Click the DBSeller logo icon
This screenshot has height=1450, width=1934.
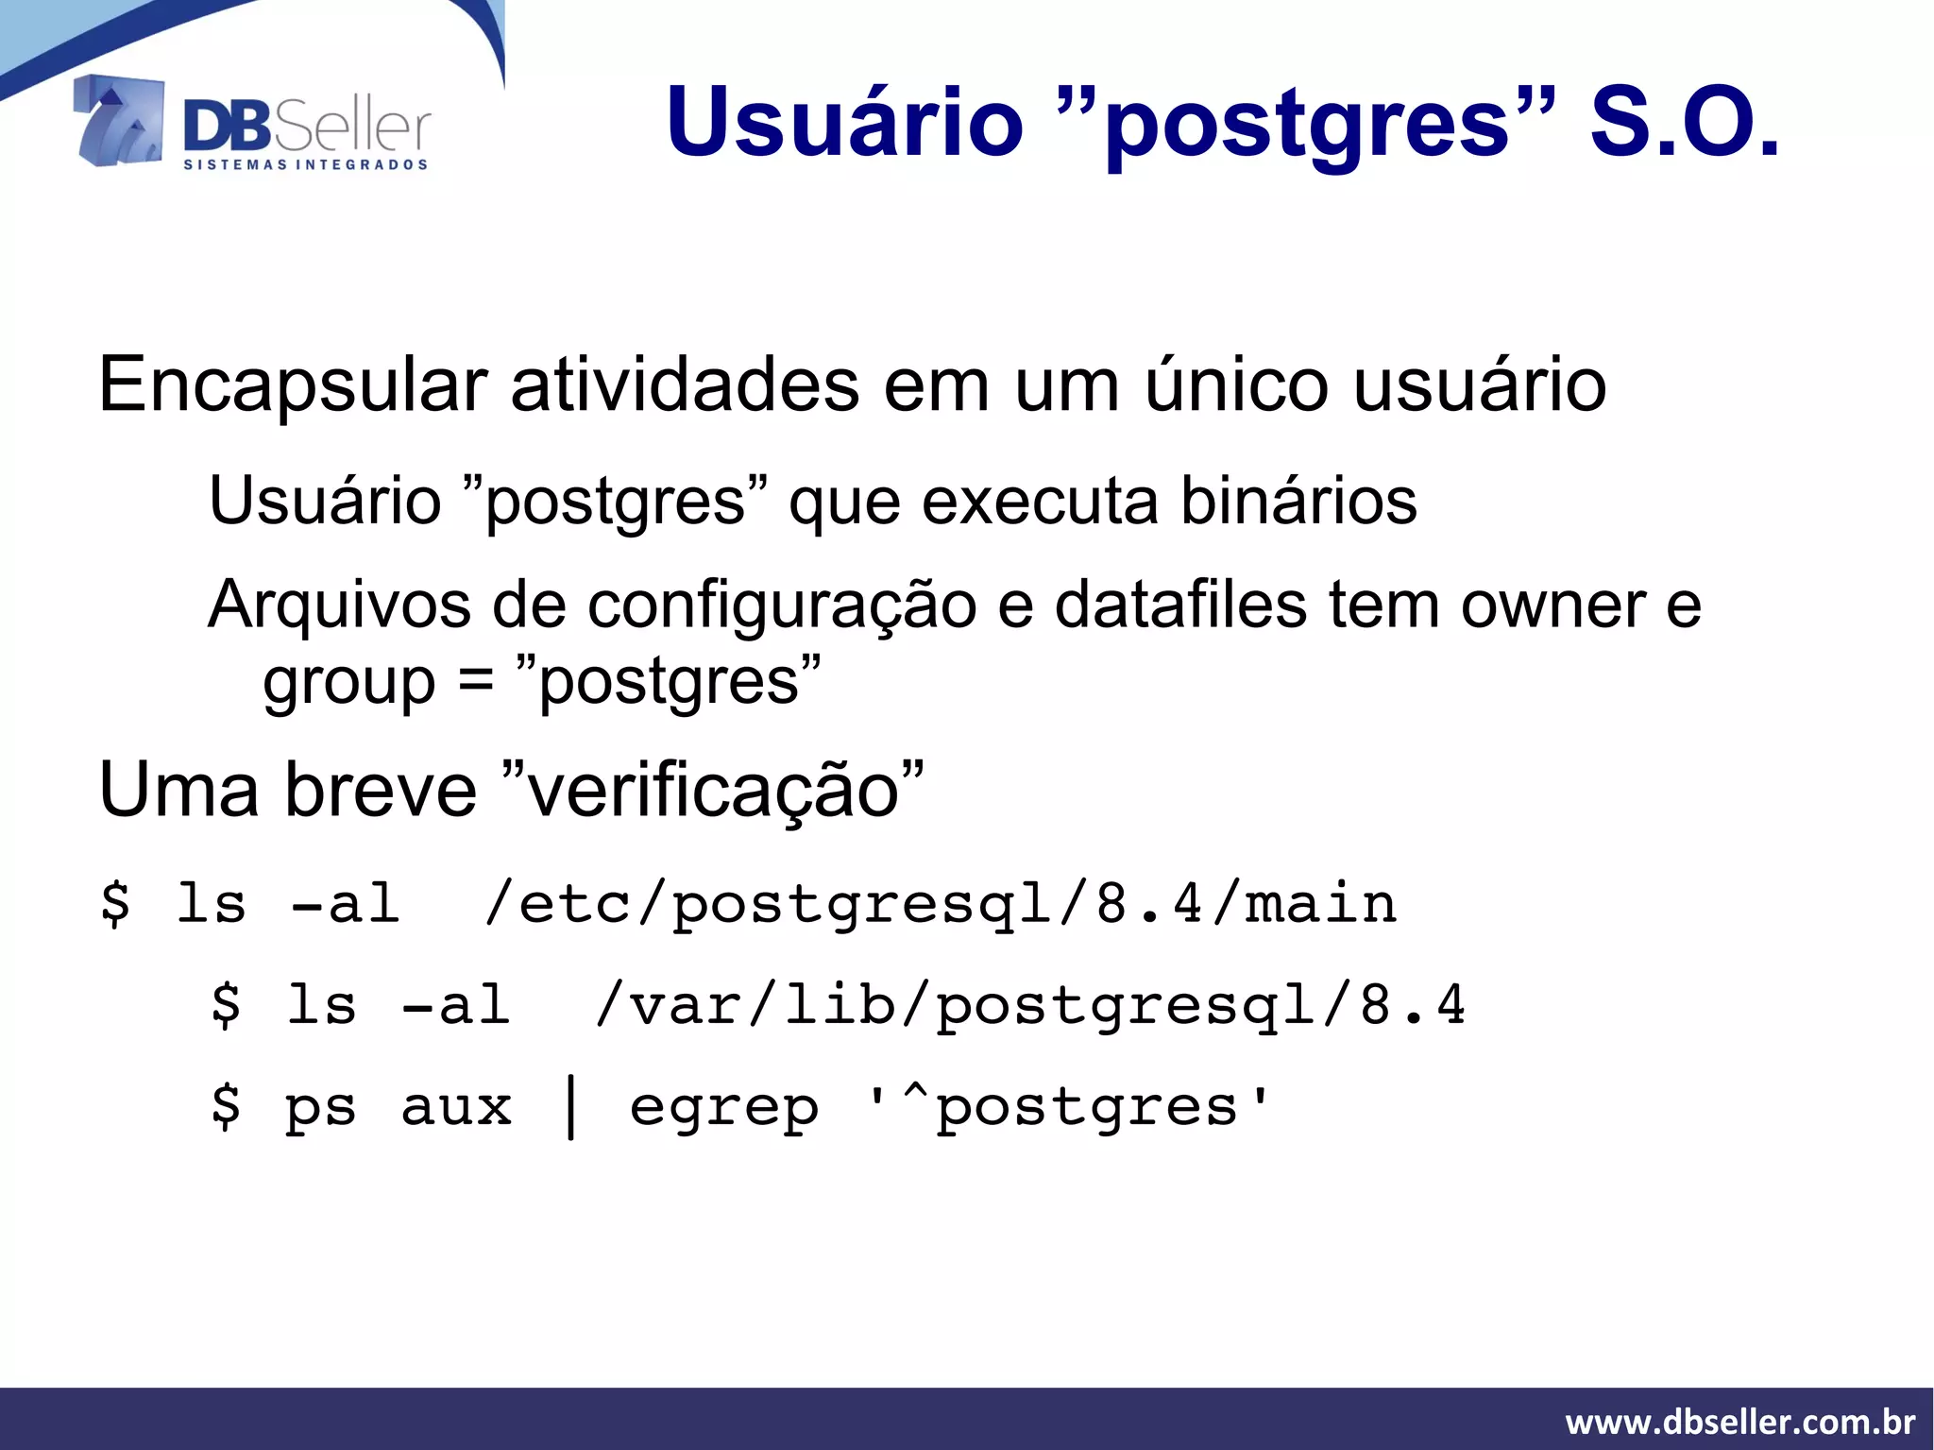click(119, 121)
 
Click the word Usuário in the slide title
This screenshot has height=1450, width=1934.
click(844, 123)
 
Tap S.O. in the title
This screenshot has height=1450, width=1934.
click(1684, 123)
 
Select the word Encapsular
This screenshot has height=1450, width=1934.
click(292, 385)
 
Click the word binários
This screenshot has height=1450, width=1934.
click(1298, 501)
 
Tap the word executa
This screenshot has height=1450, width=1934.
click(1039, 501)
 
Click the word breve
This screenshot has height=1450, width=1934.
click(382, 790)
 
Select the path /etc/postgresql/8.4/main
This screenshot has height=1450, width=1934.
click(940, 905)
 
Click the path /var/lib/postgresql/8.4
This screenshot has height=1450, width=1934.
click(1029, 1005)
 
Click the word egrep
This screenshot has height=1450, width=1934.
click(723, 1109)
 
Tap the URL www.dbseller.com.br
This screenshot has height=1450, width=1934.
click(1739, 1422)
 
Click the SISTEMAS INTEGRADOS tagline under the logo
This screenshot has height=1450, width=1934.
click(305, 165)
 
